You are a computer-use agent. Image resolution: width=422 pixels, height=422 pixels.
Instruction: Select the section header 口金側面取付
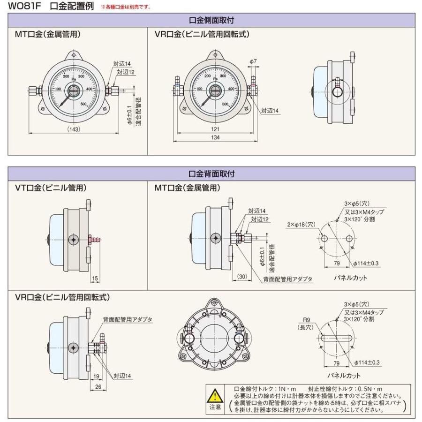click(211, 20)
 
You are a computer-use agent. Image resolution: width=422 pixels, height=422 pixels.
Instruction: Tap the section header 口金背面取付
click(211, 173)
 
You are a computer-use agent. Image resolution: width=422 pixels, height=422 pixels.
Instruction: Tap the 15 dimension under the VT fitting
click(95, 279)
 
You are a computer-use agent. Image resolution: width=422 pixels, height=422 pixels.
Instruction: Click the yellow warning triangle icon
click(214, 394)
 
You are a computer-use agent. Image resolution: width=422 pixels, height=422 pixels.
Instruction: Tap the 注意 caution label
click(214, 407)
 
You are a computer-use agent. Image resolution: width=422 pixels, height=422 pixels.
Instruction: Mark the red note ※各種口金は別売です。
click(126, 7)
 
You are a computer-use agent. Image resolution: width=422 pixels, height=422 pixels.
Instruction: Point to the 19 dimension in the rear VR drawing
click(95, 376)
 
